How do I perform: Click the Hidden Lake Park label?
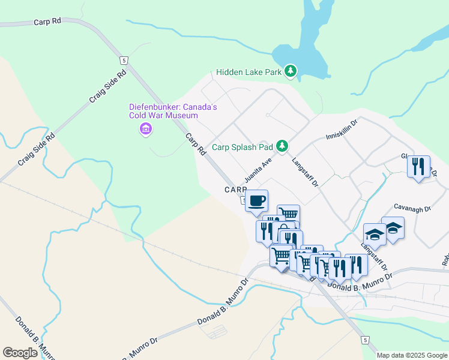click(249, 72)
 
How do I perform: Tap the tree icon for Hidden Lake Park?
click(291, 72)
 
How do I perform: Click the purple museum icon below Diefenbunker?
click(145, 128)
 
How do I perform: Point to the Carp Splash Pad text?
click(243, 146)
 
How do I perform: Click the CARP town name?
click(236, 190)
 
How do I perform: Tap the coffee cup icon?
click(256, 201)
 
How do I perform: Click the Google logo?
click(20, 352)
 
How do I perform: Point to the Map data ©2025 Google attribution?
click(411, 355)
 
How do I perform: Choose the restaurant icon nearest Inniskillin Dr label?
click(418, 166)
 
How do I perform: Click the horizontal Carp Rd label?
click(48, 21)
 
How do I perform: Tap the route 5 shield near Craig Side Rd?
click(123, 61)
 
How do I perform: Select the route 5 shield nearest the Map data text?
click(365, 340)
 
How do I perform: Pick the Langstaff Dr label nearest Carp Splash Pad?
click(304, 171)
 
